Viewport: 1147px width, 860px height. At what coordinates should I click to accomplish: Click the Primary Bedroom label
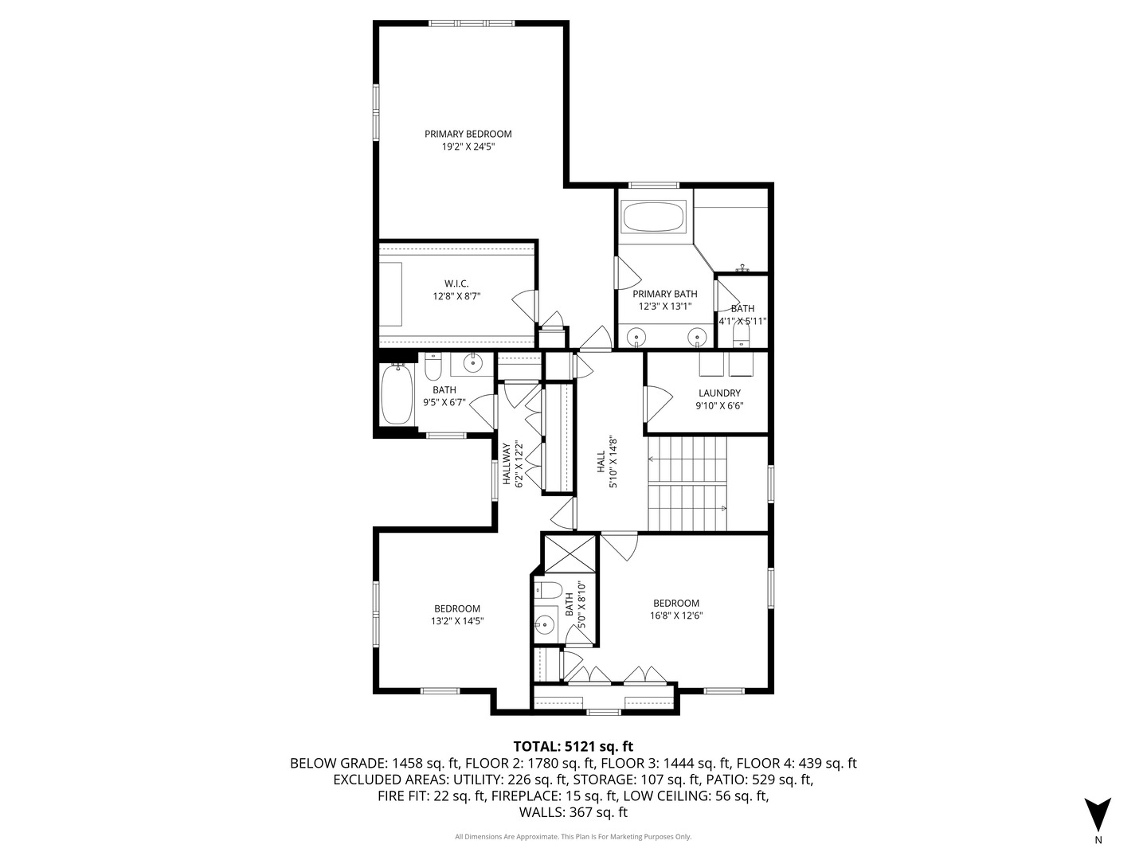pos(468,134)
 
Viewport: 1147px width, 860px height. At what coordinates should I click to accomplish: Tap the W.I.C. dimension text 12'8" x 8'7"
pos(456,296)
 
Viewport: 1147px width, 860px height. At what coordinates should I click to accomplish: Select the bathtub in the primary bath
pos(653,217)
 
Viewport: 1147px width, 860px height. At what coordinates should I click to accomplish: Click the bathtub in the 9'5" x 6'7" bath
pos(396,395)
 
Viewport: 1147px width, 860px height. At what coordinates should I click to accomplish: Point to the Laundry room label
pos(719,393)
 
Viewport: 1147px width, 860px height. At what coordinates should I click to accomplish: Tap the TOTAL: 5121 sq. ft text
pos(573,746)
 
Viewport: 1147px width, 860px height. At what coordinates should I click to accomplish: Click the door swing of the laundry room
pos(656,405)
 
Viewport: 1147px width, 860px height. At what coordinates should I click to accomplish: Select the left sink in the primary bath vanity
pos(637,338)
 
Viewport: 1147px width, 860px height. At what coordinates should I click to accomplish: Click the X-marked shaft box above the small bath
pos(570,553)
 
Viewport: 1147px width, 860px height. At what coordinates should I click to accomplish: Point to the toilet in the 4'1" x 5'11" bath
pos(742,339)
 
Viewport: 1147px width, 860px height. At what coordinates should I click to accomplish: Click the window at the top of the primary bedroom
pos(471,24)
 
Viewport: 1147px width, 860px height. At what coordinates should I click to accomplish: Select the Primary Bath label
pos(664,294)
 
